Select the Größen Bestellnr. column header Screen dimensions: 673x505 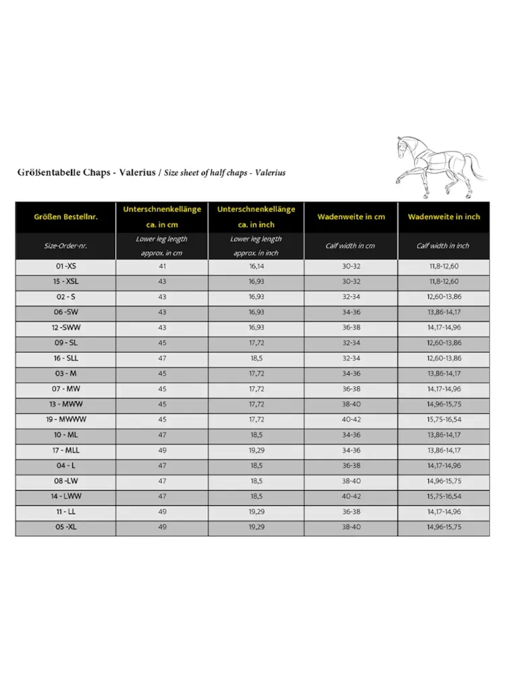pyautogui.click(x=65, y=217)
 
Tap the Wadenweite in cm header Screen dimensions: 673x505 pyautogui.click(x=351, y=217)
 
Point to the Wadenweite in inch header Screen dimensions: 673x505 pyautogui.click(x=444, y=217)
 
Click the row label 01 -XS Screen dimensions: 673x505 pyautogui.click(x=65, y=267)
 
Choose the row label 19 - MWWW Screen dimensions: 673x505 pyautogui.click(x=65, y=419)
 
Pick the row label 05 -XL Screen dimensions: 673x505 pyautogui.click(x=65, y=527)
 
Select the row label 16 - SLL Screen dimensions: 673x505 pyautogui.click(x=65, y=358)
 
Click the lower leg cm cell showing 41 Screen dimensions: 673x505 pyautogui.click(x=162, y=267)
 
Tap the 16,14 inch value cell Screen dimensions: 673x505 pyautogui.click(x=256, y=267)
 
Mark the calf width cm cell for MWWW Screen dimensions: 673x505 pyautogui.click(x=351, y=419)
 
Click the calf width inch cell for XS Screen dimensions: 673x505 pyautogui.click(x=444, y=267)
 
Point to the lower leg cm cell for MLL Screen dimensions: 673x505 pyautogui.click(x=162, y=450)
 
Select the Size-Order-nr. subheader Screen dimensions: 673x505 pyautogui.click(x=65, y=246)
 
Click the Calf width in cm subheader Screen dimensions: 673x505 pyautogui.click(x=351, y=246)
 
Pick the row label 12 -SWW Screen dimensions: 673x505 pyautogui.click(x=65, y=328)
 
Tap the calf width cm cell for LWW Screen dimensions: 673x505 pyautogui.click(x=351, y=496)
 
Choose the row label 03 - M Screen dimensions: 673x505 pyautogui.click(x=65, y=374)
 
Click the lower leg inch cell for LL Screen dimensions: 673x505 pyautogui.click(x=256, y=511)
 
